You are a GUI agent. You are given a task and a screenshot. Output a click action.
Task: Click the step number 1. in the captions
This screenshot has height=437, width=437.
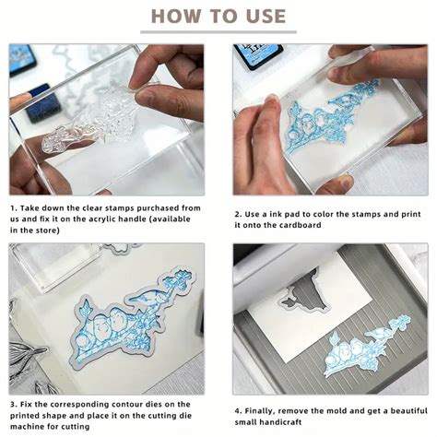[x=15, y=208]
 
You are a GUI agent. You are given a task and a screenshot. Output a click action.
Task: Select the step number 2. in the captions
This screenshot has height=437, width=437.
[x=238, y=212]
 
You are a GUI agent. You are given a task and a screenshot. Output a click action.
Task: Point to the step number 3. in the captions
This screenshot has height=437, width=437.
[x=15, y=402]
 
